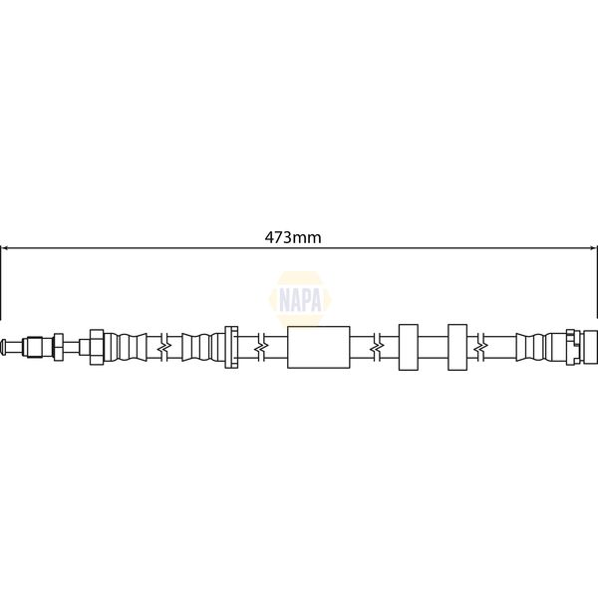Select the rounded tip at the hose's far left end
pyautogui.click(x=7, y=347)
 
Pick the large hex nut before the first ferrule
pyautogui.click(x=97, y=347)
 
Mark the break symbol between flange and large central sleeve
pyautogui.click(x=259, y=347)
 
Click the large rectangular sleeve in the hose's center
pyautogui.click(x=318, y=347)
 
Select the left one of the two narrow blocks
pyautogui.click(x=407, y=347)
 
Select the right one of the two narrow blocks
pyautogui.click(x=458, y=347)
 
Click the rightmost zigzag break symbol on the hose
pyautogui.click(x=482, y=347)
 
